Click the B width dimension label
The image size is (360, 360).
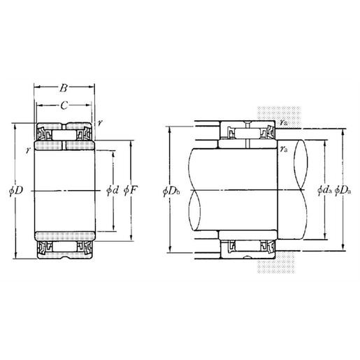click(64, 89)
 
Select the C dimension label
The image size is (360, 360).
click(64, 106)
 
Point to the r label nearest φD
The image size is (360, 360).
click(27, 150)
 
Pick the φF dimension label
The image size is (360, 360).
click(129, 190)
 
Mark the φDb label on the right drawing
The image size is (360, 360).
click(171, 190)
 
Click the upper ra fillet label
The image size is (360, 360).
click(282, 122)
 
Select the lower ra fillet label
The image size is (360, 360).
click(283, 149)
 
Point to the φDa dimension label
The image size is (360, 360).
click(343, 190)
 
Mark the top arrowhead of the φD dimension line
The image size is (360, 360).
click(15, 127)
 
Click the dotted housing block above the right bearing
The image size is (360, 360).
click(280, 112)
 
